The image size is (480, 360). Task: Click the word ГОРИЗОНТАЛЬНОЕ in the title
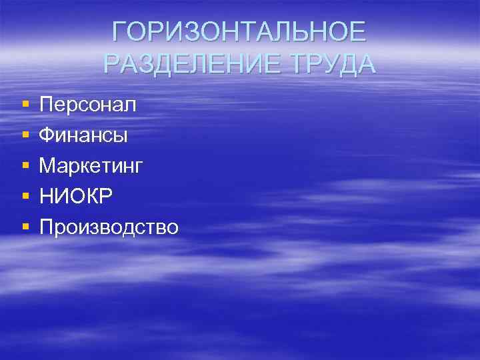[x=239, y=32]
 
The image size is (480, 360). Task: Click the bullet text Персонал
[x=87, y=105]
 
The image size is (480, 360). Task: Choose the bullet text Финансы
[x=83, y=135]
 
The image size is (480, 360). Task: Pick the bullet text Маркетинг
[x=91, y=167]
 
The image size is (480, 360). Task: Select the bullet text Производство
[x=109, y=227]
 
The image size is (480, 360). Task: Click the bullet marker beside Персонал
[x=25, y=105]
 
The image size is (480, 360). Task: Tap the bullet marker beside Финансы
[x=25, y=135]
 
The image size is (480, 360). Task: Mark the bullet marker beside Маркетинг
[x=25, y=166]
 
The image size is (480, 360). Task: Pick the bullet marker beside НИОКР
[x=25, y=197]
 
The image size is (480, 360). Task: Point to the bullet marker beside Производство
[x=25, y=227]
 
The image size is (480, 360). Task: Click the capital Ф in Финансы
[x=46, y=135]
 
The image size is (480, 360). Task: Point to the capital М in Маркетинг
[x=47, y=166]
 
